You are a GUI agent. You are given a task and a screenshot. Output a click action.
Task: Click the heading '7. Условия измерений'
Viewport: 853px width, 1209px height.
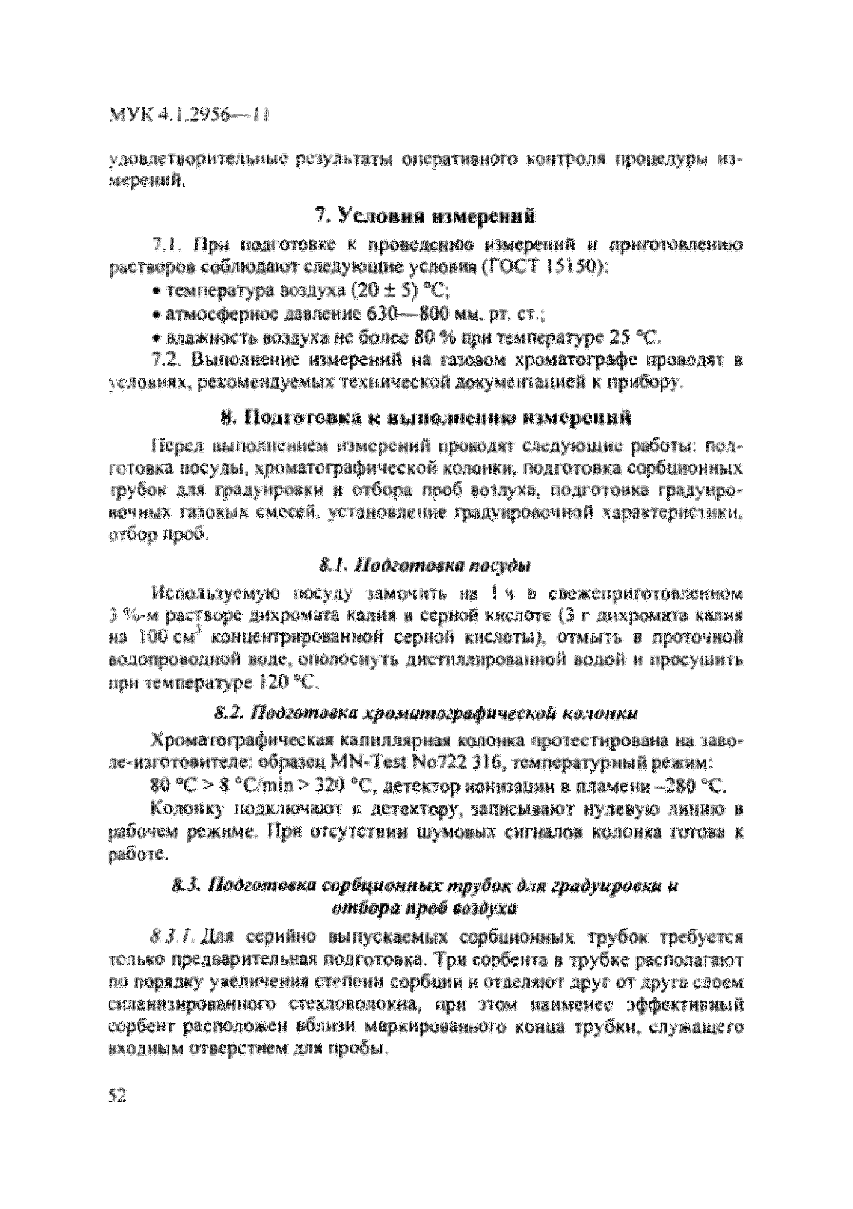425,216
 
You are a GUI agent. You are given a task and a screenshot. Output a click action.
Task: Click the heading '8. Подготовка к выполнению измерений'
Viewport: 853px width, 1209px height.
425,418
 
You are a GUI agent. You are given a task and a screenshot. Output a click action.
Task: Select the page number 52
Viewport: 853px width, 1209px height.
117,1096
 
